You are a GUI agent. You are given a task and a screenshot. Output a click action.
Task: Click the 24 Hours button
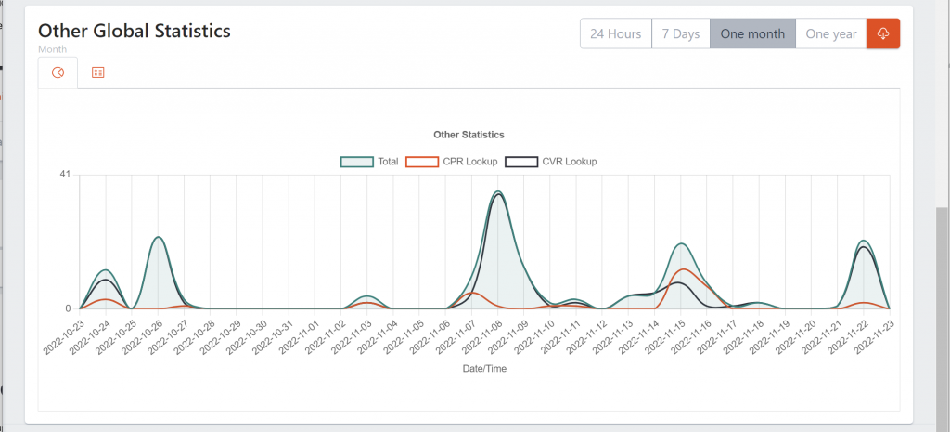(616, 34)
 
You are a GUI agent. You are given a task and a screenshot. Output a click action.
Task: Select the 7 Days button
(680, 34)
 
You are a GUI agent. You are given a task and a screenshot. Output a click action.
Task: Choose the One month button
(752, 34)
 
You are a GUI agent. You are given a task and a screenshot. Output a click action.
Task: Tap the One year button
(831, 34)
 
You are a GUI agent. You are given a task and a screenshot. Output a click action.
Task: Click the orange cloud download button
(883, 34)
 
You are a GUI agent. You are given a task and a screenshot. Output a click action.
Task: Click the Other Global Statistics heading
(135, 31)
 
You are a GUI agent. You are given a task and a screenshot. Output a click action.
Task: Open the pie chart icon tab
(58, 72)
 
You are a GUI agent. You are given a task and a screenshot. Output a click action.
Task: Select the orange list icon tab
(97, 72)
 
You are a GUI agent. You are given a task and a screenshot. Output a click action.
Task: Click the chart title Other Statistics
(469, 135)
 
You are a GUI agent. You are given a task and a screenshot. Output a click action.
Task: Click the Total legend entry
(370, 161)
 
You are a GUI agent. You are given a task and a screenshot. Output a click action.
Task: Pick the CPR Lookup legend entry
(453, 161)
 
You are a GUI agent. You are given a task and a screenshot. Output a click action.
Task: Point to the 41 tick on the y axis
(65, 175)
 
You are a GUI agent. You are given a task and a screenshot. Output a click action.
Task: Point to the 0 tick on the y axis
(68, 308)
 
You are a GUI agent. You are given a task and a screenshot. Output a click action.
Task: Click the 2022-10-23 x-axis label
(62, 338)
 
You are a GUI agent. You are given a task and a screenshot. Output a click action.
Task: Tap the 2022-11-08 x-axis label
(481, 338)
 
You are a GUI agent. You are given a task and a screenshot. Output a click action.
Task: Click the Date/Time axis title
(484, 369)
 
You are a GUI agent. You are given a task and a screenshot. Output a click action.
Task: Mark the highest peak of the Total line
(498, 191)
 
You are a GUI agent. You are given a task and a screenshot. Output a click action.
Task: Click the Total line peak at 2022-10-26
(159, 237)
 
